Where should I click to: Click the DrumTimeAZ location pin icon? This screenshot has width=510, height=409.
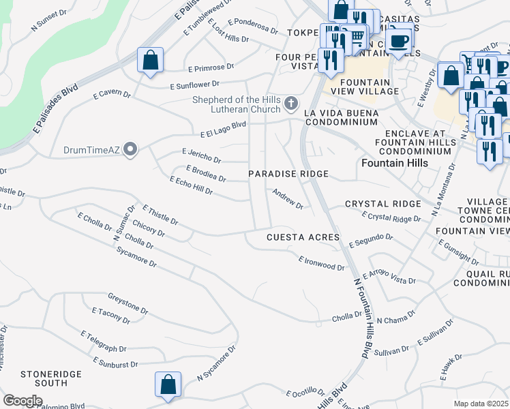pyautogui.click(x=130, y=149)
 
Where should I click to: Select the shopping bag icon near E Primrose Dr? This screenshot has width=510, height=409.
pyautogui.click(x=150, y=61)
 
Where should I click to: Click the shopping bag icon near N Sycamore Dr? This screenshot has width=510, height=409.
pyautogui.click(x=168, y=385)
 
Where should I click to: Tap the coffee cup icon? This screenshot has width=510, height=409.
pyautogui.click(x=399, y=40)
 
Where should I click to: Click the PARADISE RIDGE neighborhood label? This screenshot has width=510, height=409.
pyautogui.click(x=288, y=175)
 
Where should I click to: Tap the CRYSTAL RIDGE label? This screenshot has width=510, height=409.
pyautogui.click(x=383, y=204)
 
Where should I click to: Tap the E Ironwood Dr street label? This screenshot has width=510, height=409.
pyautogui.click(x=321, y=263)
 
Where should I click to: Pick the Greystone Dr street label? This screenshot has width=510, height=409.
pyautogui.click(x=127, y=303)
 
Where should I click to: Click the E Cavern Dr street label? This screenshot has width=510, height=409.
pyautogui.click(x=111, y=93)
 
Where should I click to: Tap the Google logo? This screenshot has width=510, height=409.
pyautogui.click(x=22, y=400)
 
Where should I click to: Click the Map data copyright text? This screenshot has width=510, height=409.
pyautogui.click(x=481, y=404)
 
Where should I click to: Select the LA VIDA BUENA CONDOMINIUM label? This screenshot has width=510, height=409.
pyautogui.click(x=340, y=117)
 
